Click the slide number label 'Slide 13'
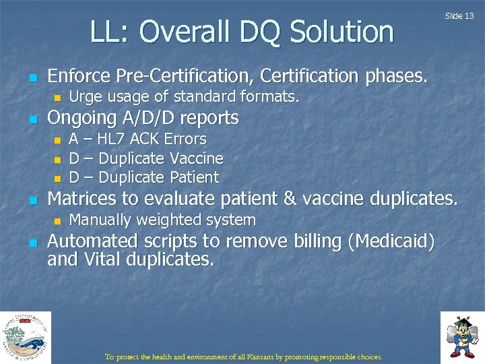pyautogui.click(x=459, y=16)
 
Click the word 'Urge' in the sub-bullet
pyautogui.click(x=84, y=97)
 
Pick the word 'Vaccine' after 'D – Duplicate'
pyautogui.click(x=197, y=158)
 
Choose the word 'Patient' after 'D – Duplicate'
pyautogui.click(x=195, y=178)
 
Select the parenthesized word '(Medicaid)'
pyautogui.click(x=391, y=241)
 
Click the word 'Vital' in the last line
pyautogui.click(x=102, y=260)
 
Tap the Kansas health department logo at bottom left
pyautogui.click(x=25, y=337)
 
